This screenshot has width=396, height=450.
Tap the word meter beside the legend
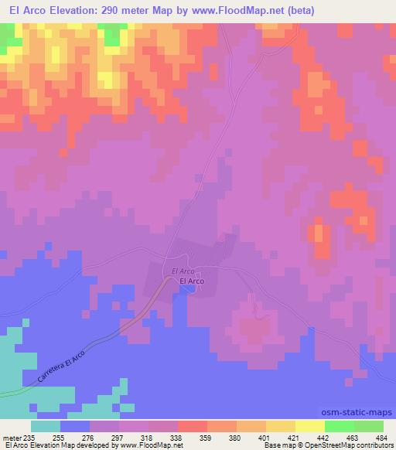pyautogui.click(x=12, y=437)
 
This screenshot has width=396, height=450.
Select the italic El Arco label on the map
pyautogui.click(x=183, y=272)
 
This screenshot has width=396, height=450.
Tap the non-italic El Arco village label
pyautogui.click(x=192, y=282)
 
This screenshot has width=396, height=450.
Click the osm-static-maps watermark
pyautogui.click(x=363, y=414)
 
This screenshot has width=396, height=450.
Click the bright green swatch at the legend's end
pyautogui.click(x=370, y=426)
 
